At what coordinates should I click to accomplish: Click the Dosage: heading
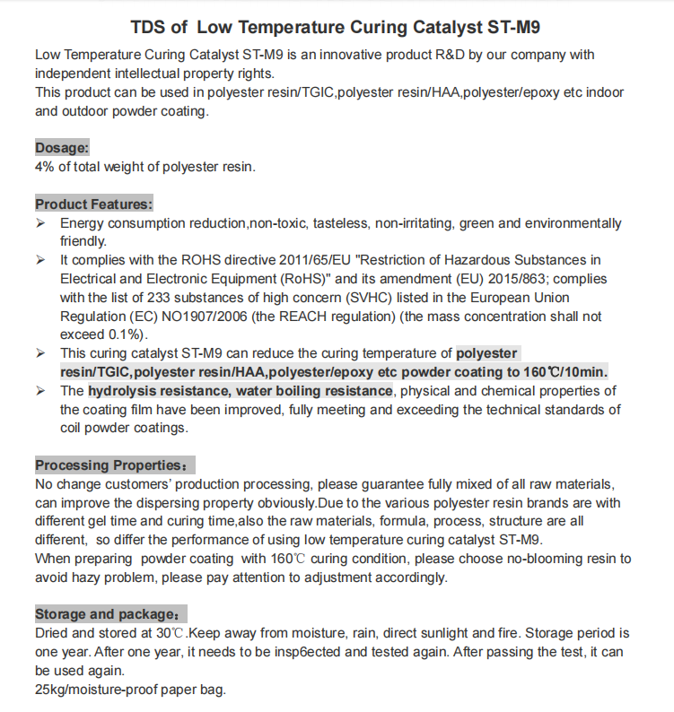62,147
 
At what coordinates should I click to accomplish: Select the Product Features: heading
93,204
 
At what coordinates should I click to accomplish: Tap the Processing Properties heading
112,465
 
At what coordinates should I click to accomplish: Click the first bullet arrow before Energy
40,222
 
